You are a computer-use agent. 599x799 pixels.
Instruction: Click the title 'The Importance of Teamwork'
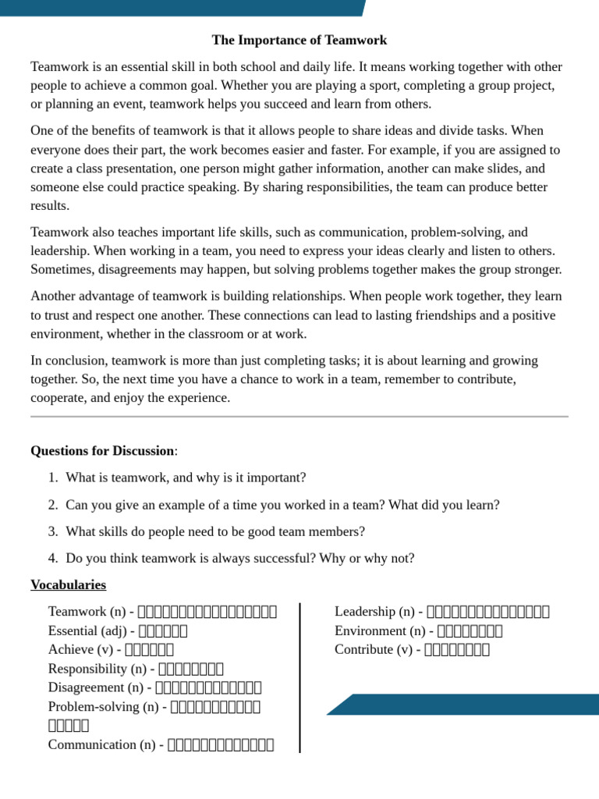pyautogui.click(x=299, y=40)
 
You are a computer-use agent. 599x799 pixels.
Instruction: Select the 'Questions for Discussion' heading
pyautogui.click(x=102, y=451)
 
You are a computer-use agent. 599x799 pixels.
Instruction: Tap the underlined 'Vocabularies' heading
pyautogui.click(x=68, y=584)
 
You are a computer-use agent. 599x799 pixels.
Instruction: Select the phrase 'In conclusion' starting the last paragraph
pyautogui.click(x=68, y=360)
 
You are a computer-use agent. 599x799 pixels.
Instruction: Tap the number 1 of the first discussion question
pyautogui.click(x=51, y=478)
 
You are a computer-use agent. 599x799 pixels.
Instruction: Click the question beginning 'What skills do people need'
pyautogui.click(x=215, y=531)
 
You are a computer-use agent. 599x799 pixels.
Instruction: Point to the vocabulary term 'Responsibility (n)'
pyautogui.click(x=97, y=669)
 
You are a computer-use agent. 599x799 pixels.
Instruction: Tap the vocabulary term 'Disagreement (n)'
pyautogui.click(x=97, y=687)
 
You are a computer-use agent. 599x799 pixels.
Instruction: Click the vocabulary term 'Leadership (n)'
pyautogui.click(x=374, y=612)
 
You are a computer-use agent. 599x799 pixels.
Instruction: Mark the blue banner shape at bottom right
pyautogui.click(x=468, y=704)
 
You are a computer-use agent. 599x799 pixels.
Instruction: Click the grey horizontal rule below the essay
pyautogui.click(x=299, y=417)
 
